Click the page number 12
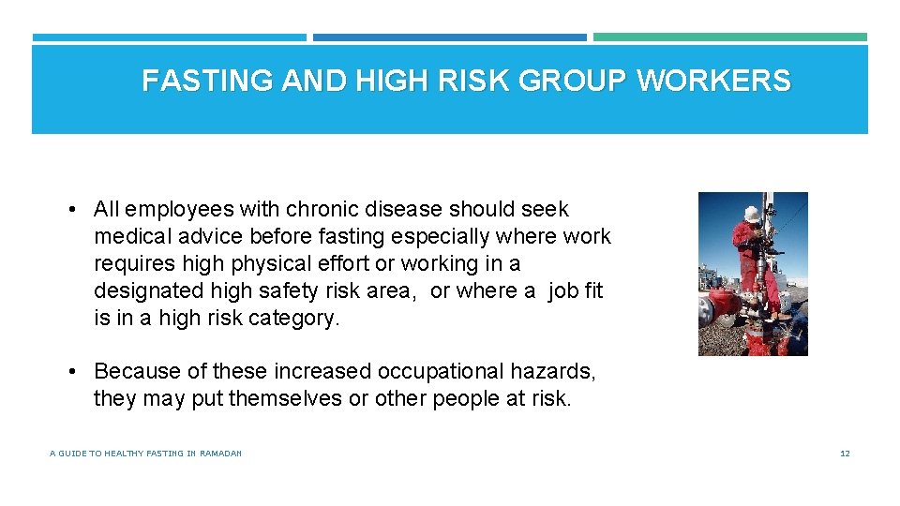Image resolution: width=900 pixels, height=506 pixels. [x=845, y=454]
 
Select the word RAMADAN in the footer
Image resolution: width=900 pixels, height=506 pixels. [x=221, y=454]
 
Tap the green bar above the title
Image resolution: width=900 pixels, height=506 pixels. [x=730, y=37]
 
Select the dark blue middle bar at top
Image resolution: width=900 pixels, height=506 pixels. [x=450, y=37]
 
